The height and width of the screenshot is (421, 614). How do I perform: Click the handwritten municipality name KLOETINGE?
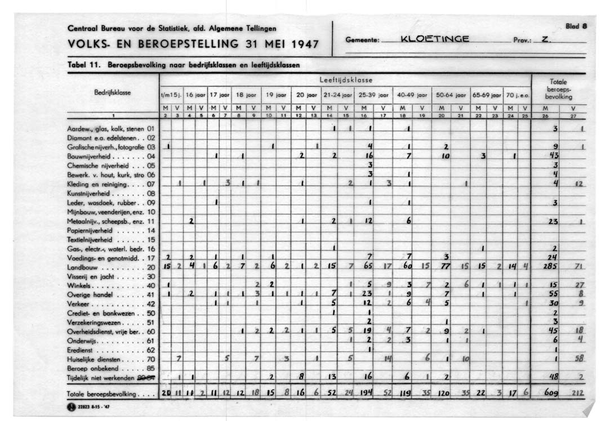click(433, 39)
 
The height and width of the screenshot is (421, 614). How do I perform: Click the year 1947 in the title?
click(299, 44)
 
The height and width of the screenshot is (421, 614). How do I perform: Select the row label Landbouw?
click(87, 266)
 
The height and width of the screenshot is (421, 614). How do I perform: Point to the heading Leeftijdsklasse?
click(346, 80)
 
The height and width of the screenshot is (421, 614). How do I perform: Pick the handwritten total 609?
click(545, 393)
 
